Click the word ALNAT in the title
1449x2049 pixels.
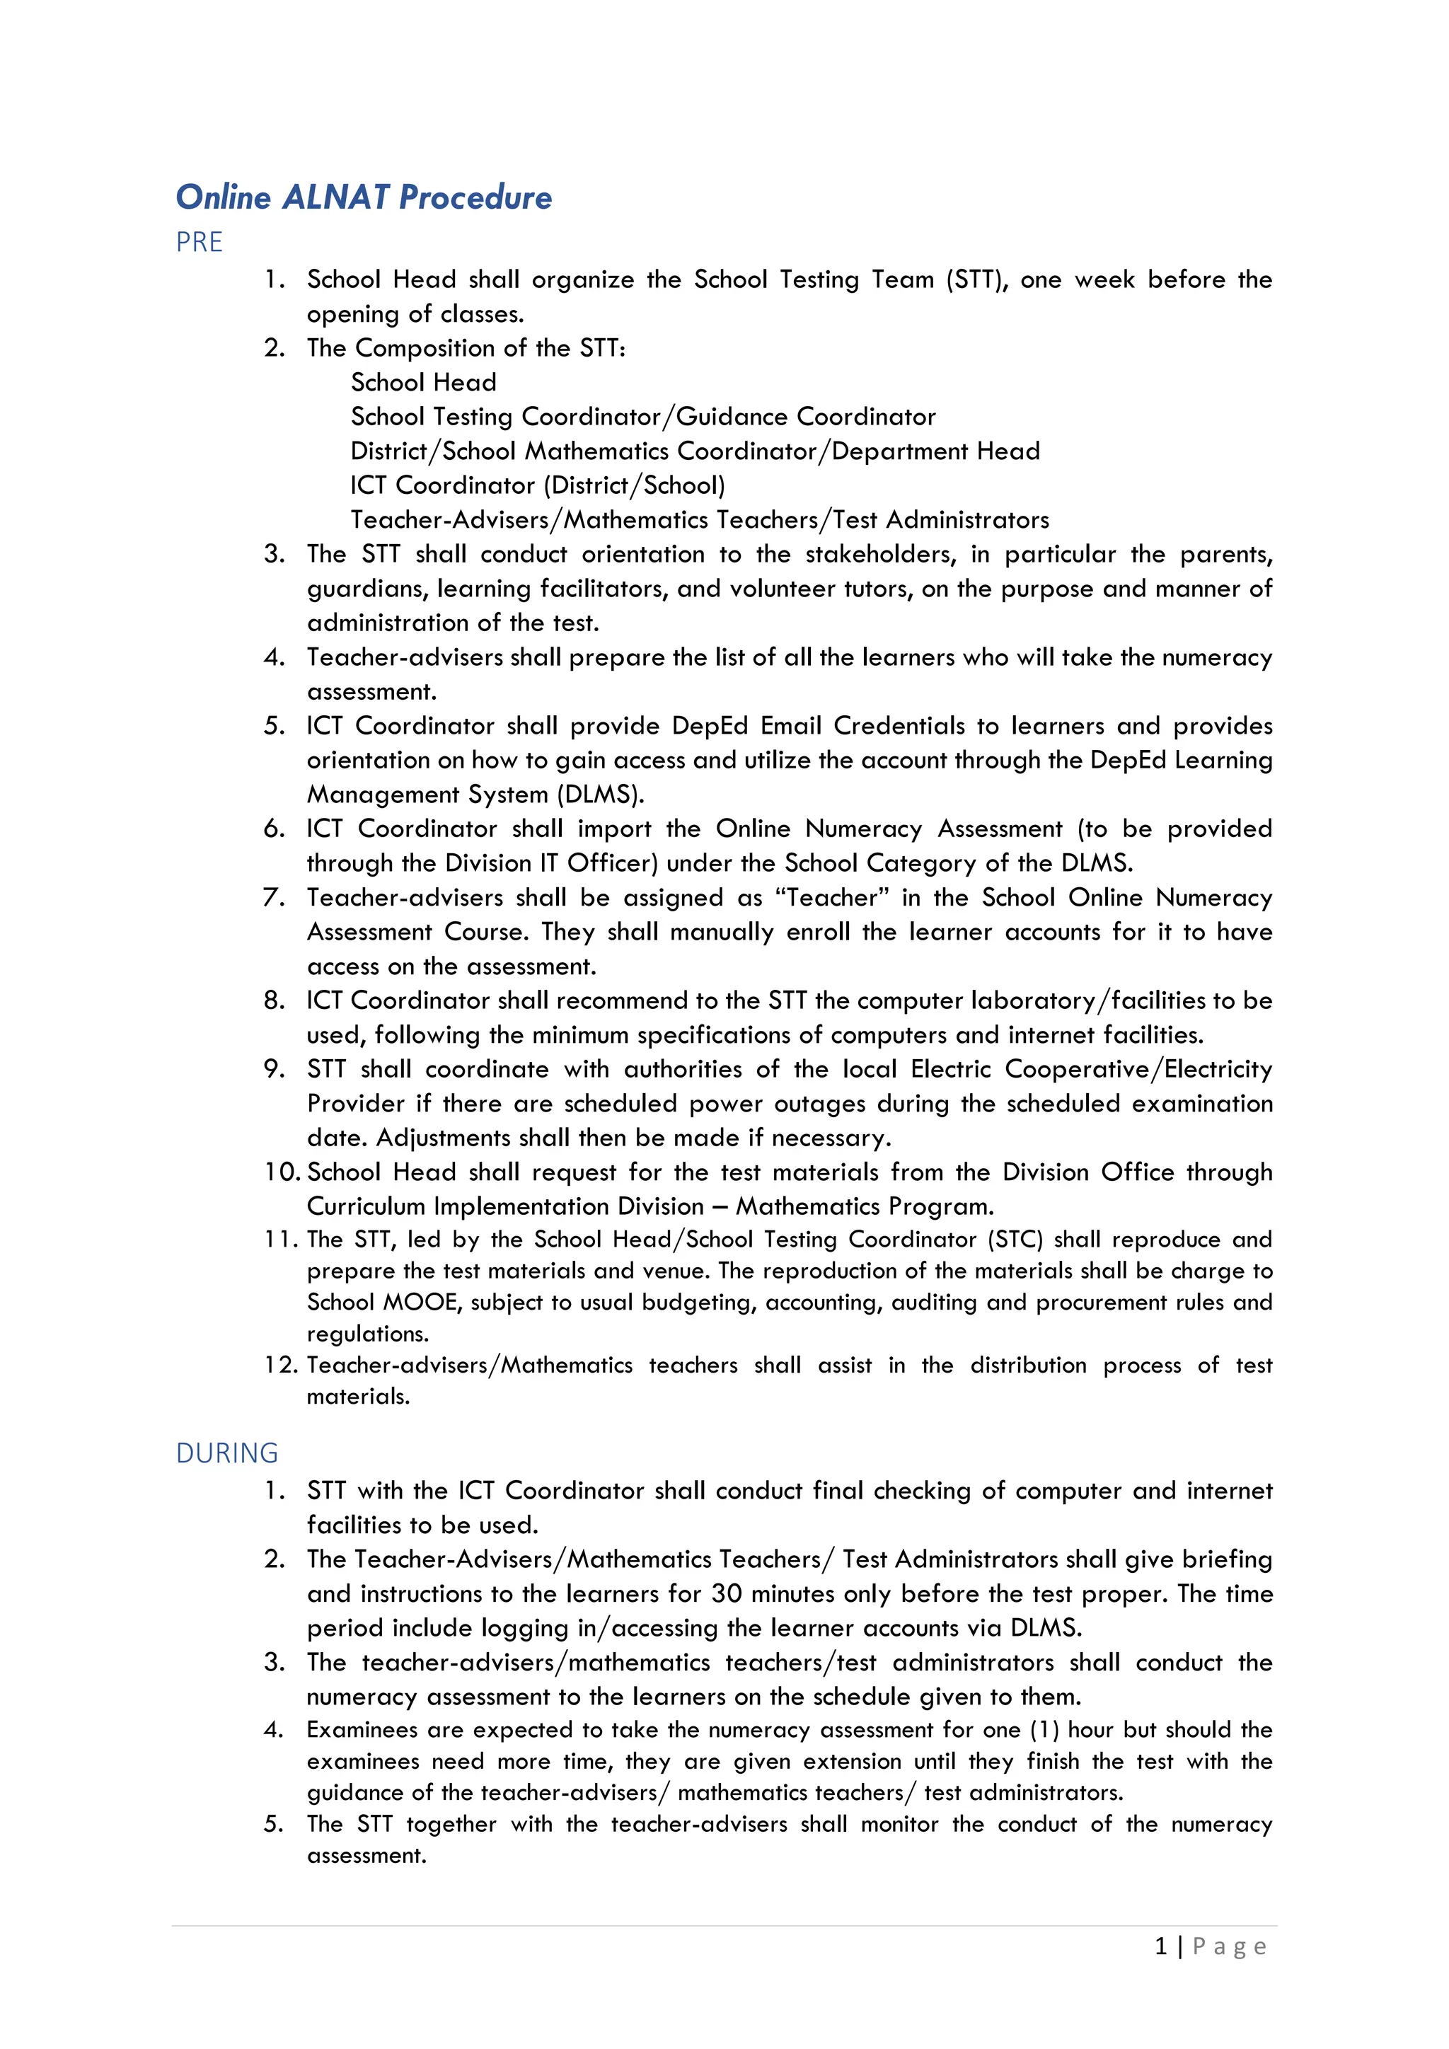tap(336, 197)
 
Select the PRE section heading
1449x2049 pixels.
tap(199, 242)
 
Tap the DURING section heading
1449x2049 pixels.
tap(226, 1453)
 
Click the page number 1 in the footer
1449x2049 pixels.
tap(1161, 1946)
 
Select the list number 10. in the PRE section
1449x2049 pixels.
tap(282, 1172)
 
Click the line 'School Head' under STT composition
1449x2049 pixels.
tap(423, 382)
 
